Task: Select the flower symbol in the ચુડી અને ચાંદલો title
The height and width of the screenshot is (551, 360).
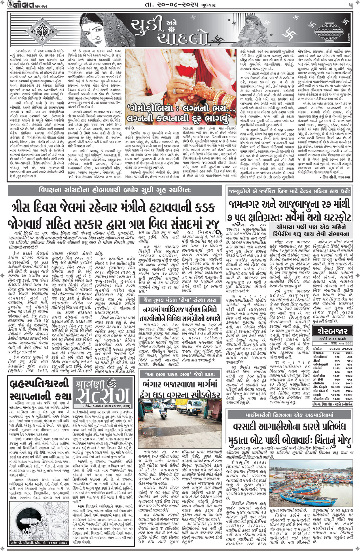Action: tap(172, 29)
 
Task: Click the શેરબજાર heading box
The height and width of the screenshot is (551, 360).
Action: tap(333, 331)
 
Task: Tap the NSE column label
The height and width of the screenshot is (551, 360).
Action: tap(334, 343)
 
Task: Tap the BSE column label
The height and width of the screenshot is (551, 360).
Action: tap(348, 343)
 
